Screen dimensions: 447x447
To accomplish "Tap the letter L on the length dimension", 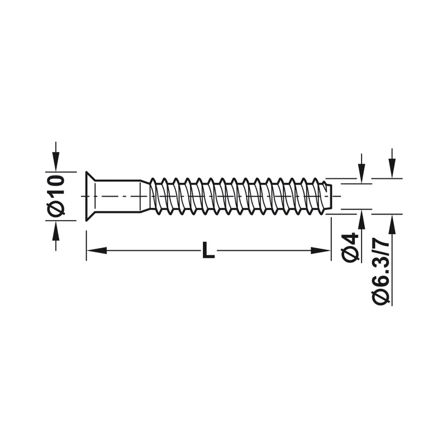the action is (x=208, y=250).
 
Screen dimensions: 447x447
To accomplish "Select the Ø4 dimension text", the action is (x=350, y=248).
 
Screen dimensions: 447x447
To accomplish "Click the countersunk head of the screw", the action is (x=91, y=196).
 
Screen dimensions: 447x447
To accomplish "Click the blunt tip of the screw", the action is (x=328, y=196).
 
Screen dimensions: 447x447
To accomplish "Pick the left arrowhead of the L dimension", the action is (x=96, y=250).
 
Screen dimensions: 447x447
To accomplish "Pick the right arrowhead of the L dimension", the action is (x=321, y=250).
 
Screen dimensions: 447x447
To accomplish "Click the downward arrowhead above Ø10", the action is (x=56, y=161).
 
